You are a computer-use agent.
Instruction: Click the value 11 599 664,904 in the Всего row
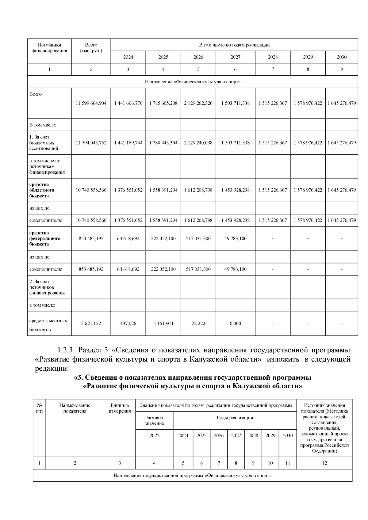pos(91,103)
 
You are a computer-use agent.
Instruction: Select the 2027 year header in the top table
pos(235,57)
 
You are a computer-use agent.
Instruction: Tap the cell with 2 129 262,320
pos(198,103)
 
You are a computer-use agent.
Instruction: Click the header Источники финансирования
pos(49,48)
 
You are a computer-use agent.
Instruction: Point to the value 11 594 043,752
pos(91,143)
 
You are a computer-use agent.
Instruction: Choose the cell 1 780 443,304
pos(163,143)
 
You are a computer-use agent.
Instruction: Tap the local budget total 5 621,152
pos(91,323)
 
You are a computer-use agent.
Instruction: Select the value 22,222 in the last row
pos(198,323)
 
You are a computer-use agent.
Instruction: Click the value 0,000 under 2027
pos(235,323)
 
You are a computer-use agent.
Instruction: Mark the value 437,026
pos(128,323)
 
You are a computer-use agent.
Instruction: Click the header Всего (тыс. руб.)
pos(91,48)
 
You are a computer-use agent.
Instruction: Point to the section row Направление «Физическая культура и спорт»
pos(193,82)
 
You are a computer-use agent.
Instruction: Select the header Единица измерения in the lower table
pos(120,408)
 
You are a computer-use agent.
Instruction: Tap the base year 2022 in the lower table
pos(154,435)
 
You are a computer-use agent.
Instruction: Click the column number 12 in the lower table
pos(324,463)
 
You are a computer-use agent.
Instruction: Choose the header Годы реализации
pos(235,417)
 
